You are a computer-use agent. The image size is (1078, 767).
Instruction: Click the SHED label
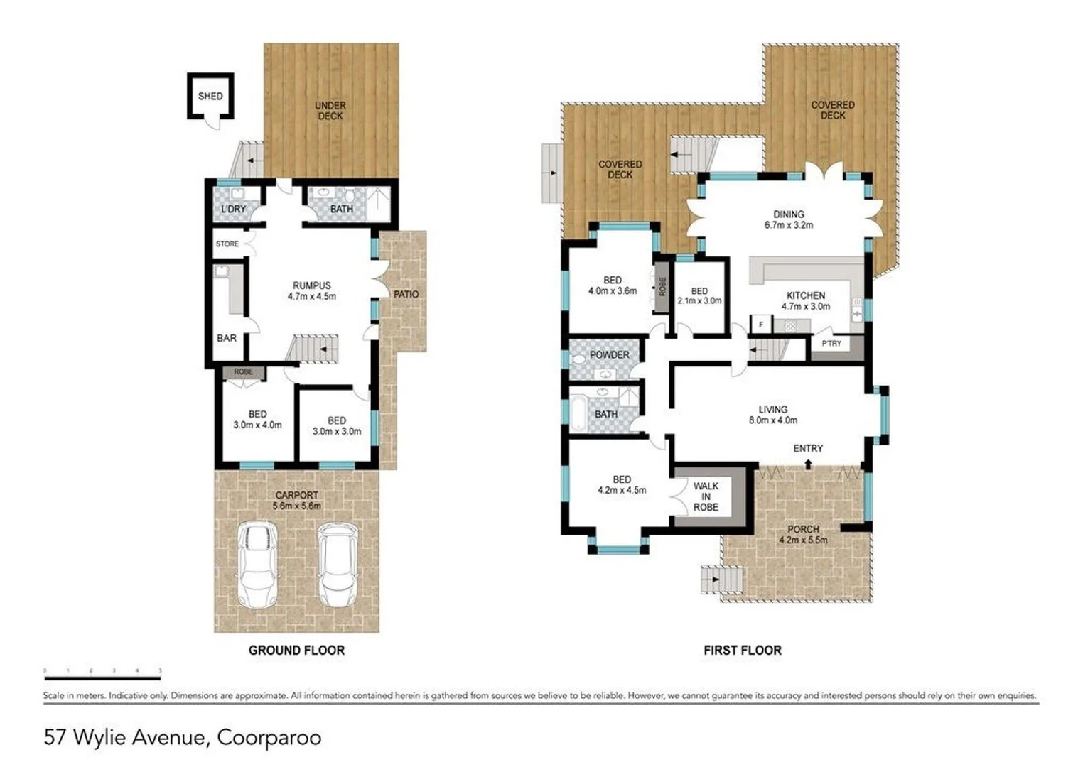[x=210, y=96]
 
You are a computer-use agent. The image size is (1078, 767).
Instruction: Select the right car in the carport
[x=337, y=564]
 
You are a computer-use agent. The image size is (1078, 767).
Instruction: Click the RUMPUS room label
[x=311, y=285]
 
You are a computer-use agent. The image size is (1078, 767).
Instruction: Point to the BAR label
[x=227, y=338]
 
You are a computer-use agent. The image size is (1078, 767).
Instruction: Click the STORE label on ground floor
[x=227, y=244]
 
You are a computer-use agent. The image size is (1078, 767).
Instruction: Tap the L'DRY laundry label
[x=233, y=209]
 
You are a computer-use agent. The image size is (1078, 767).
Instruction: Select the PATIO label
[x=406, y=294]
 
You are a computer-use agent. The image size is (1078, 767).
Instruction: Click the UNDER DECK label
[x=330, y=110]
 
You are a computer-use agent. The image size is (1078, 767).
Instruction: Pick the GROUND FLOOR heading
[x=296, y=650]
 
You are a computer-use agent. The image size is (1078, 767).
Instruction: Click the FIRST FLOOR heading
[x=743, y=650]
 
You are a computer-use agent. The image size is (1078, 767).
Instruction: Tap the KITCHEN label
[x=805, y=295]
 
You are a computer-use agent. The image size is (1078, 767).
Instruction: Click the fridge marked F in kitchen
[x=761, y=325]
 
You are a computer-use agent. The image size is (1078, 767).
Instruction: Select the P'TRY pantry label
[x=831, y=344]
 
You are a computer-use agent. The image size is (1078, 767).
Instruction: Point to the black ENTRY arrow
[x=808, y=464]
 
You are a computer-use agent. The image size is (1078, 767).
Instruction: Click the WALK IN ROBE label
[x=706, y=496]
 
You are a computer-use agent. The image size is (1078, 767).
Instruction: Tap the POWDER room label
[x=609, y=354]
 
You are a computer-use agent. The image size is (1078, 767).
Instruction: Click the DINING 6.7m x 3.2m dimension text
[x=788, y=225]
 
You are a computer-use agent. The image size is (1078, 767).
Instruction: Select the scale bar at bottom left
[x=102, y=670]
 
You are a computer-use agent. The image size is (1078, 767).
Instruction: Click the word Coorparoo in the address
[x=269, y=738]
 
